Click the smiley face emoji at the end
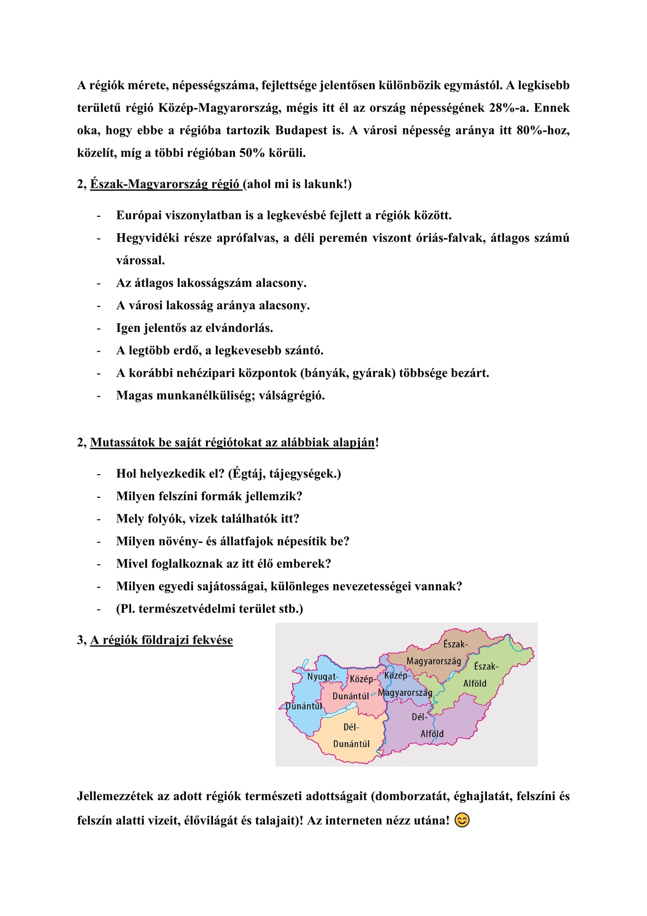click(462, 820)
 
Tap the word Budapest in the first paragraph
click(301, 130)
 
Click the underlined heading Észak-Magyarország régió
click(166, 184)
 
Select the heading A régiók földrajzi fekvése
click(162, 640)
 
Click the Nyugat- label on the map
click(322, 677)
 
